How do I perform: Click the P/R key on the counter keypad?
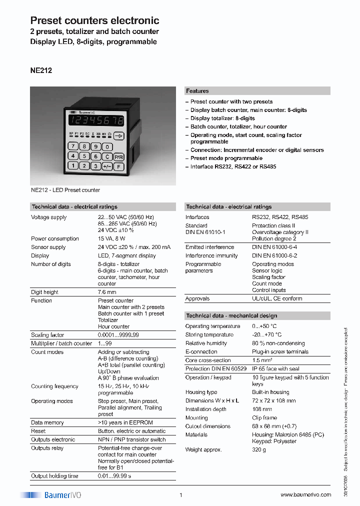[x=118, y=156]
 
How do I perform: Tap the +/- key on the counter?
[x=107, y=166]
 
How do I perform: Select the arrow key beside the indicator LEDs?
[x=118, y=135]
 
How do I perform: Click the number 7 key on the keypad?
[x=73, y=146]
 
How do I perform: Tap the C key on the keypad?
[x=107, y=156]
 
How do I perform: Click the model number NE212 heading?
[x=41, y=70]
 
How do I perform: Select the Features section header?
[x=197, y=91]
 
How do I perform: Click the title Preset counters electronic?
[x=95, y=20]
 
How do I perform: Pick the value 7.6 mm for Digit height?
[x=106, y=292]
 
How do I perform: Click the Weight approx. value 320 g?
[x=259, y=450]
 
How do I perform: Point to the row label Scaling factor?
[x=47, y=335]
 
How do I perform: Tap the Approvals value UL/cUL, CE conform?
[x=277, y=298]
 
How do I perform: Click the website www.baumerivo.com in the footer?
[x=305, y=494]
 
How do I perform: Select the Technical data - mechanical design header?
[x=231, y=315]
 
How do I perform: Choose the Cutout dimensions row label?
[x=208, y=426]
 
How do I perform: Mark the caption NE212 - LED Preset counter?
[x=65, y=190]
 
